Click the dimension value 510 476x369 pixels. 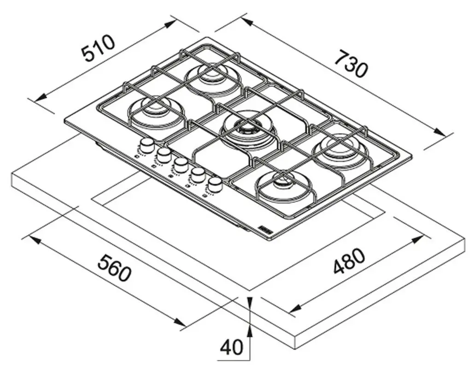point(97,48)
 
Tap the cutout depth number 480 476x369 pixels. point(349,262)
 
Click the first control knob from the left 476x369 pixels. point(147,145)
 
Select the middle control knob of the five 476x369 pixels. point(181,164)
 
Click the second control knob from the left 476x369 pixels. point(164,155)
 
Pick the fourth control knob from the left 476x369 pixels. point(198,174)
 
